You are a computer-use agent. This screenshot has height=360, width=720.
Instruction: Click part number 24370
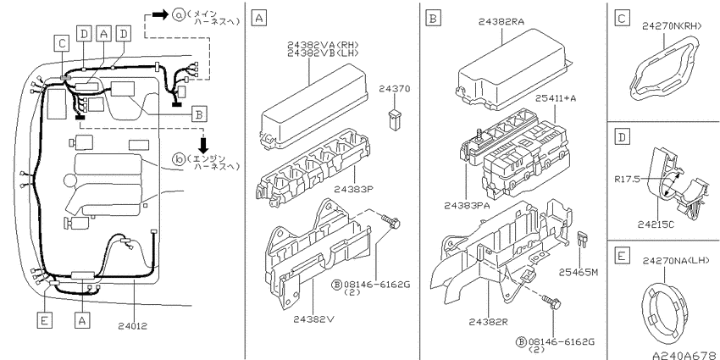[x=395, y=89]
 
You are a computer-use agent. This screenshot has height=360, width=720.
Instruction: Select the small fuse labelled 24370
[x=394, y=119]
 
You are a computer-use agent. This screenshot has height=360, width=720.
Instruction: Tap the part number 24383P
[x=353, y=189]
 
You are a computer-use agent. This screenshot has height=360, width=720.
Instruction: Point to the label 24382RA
[x=501, y=21]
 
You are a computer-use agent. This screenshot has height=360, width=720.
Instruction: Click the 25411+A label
[x=555, y=99]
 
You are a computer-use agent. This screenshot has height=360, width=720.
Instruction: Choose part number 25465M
[x=578, y=272]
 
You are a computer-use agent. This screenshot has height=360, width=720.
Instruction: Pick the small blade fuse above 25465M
[x=583, y=240]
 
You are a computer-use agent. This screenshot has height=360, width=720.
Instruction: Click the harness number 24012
[x=133, y=326]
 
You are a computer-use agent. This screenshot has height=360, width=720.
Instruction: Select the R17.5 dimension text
[x=627, y=179]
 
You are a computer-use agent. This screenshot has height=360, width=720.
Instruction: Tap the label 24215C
[x=656, y=224]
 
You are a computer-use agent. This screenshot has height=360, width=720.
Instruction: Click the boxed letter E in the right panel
[x=621, y=255]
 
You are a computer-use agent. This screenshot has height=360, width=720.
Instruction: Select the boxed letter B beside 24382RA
[x=433, y=19]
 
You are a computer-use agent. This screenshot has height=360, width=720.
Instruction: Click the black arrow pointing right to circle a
[x=160, y=14]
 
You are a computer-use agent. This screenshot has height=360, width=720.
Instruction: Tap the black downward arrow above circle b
[x=203, y=145]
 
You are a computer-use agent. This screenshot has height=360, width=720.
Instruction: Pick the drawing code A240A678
[x=686, y=356]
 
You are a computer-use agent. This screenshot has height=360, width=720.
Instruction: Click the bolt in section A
[x=392, y=222]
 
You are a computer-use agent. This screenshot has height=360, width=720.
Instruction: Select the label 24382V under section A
[x=313, y=319]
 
